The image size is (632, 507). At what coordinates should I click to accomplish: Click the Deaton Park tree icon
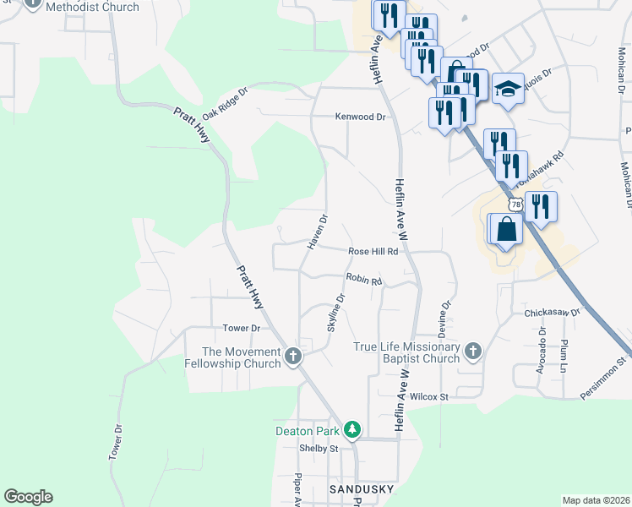point(352,430)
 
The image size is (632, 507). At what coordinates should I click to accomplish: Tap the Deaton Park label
point(309,430)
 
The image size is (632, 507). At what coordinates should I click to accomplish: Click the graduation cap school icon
point(508,89)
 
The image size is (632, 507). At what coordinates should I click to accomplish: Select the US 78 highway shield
point(515,204)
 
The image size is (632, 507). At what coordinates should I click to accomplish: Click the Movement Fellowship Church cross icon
point(293,356)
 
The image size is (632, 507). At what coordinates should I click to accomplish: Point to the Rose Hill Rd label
point(373,252)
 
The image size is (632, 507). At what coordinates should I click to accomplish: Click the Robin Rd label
point(364,280)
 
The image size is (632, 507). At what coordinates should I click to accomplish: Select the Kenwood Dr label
point(360,117)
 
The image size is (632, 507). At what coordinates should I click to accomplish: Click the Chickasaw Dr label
point(553,312)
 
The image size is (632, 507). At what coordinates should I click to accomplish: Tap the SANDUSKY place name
point(362,489)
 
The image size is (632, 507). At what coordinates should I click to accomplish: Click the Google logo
point(28,496)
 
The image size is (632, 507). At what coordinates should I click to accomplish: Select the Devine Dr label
point(446,314)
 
